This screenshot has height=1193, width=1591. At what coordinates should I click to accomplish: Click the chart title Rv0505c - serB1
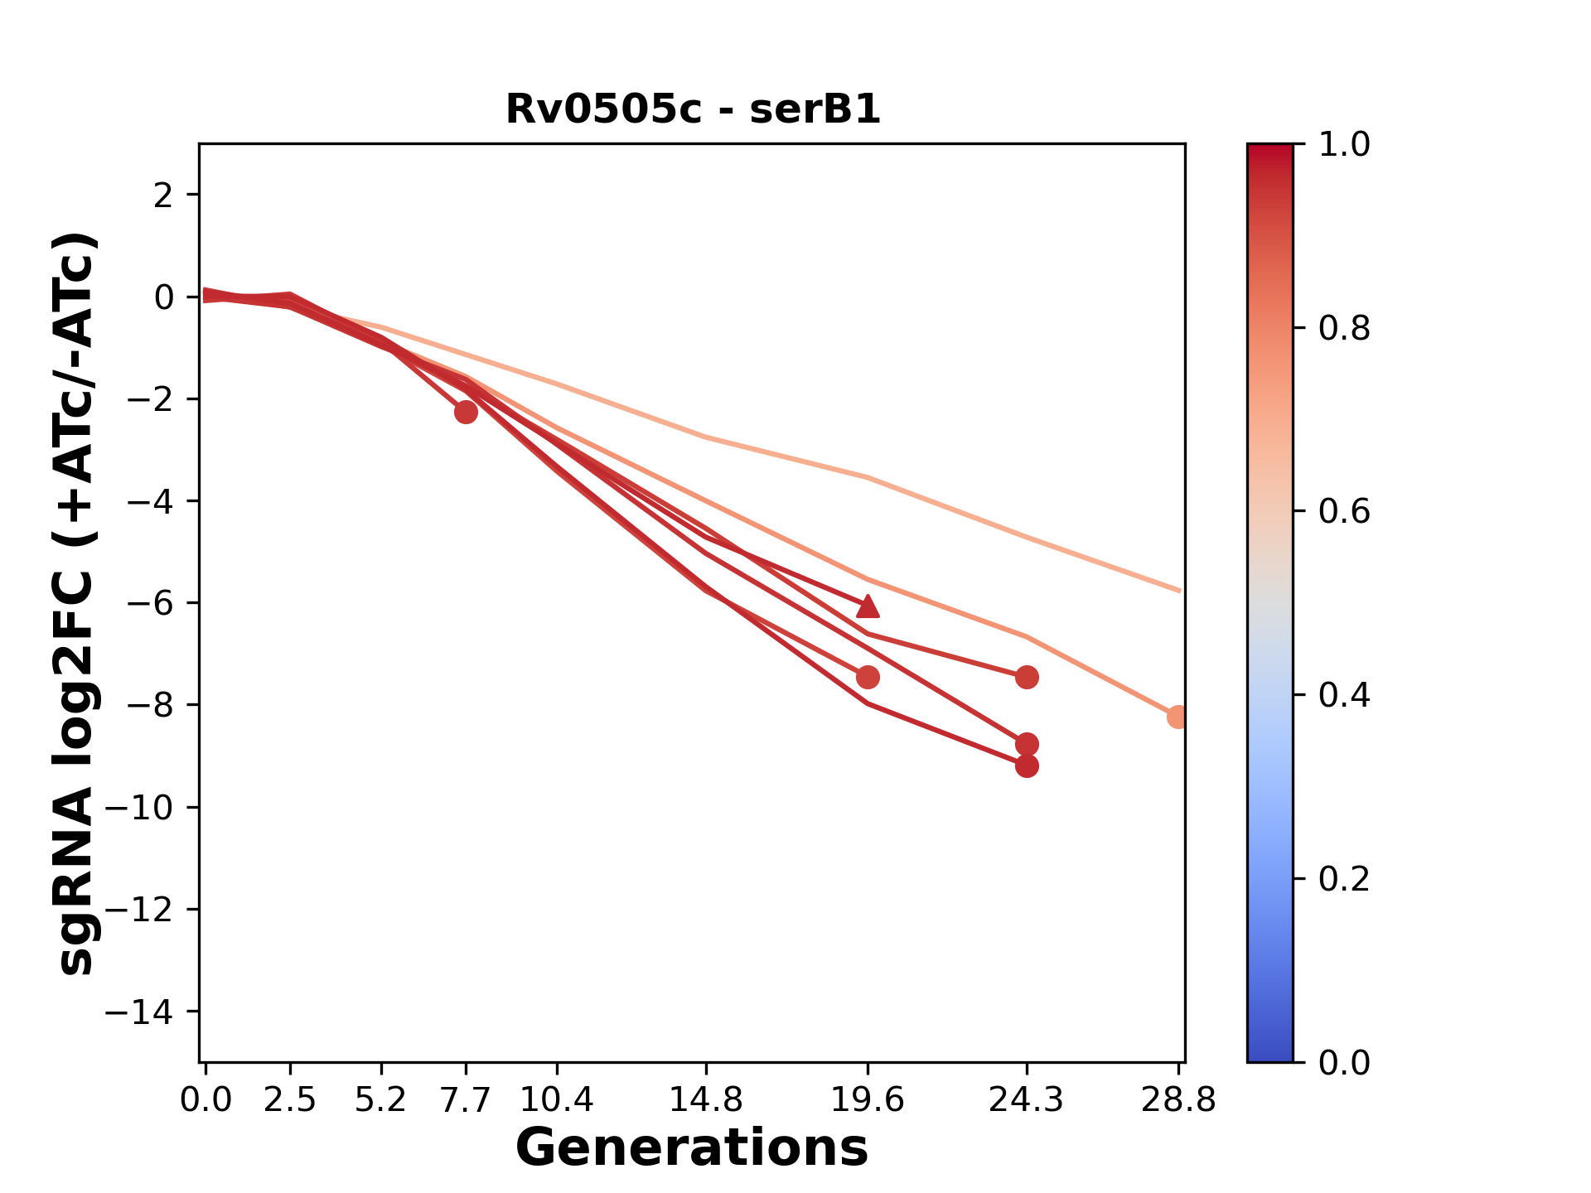tap(693, 109)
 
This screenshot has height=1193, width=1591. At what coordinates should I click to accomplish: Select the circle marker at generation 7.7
tap(467, 412)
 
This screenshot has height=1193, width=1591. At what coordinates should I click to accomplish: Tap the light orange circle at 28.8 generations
tap(1178, 717)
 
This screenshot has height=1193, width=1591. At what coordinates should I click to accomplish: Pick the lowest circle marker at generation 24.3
tap(1027, 766)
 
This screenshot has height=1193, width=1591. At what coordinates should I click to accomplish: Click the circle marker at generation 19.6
tap(868, 678)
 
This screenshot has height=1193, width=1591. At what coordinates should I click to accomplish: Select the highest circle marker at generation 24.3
tap(1027, 678)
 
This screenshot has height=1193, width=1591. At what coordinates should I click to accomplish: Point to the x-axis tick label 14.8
tap(706, 1100)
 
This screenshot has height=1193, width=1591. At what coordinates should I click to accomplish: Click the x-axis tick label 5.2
tap(381, 1100)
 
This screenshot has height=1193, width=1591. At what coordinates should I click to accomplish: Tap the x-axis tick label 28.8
tap(1178, 1100)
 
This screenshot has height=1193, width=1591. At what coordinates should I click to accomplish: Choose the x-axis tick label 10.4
tap(557, 1100)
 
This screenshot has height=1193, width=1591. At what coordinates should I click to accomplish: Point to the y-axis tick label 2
tap(164, 196)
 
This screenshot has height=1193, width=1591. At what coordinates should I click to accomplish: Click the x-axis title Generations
tap(692, 1148)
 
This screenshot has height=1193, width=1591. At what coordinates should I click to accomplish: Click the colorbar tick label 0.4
tap(1344, 695)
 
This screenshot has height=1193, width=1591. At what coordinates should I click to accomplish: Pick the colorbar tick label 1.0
tap(1344, 145)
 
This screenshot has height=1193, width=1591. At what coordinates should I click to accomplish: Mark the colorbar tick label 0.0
tap(1344, 1062)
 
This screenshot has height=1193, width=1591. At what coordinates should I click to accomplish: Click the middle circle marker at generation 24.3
tap(1027, 744)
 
